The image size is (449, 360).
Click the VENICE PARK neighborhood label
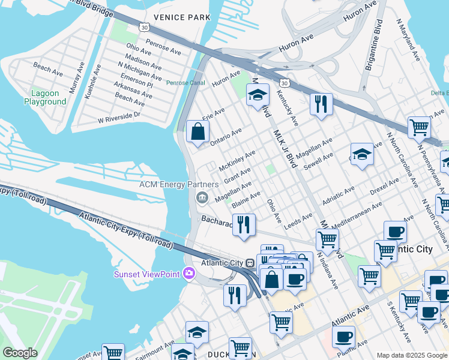182,17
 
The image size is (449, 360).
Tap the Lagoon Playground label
45,98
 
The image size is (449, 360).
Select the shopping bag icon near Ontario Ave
197,131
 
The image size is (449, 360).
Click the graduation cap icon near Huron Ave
258,95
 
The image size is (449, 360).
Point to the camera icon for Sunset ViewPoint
190,274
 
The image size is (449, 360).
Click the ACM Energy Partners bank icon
202,197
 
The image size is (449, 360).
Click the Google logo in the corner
20,353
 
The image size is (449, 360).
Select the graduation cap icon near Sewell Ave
362,154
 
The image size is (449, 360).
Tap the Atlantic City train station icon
250,263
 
